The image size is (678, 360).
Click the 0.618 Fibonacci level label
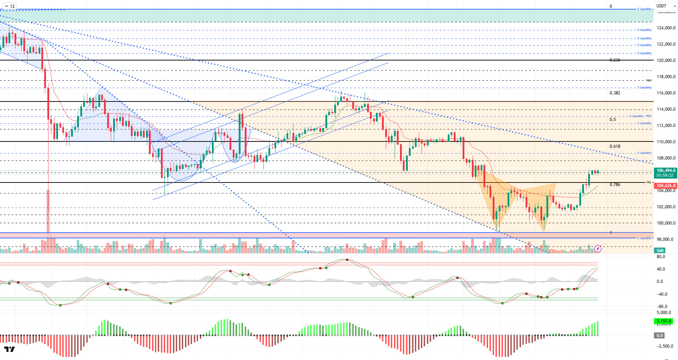[x=615, y=146]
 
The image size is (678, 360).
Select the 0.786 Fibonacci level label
[x=615, y=185]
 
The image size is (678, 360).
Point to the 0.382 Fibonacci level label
[x=615, y=93]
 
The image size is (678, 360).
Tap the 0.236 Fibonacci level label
[x=615, y=60]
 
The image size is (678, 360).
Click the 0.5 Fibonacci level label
[x=613, y=120]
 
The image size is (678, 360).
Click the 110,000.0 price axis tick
[x=666, y=142]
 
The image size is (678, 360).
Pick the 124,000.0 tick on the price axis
[x=666, y=28]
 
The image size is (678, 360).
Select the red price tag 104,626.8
[x=666, y=186]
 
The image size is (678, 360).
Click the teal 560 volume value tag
[x=660, y=251]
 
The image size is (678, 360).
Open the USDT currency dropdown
[x=666, y=6]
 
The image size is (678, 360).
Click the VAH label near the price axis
[x=649, y=80]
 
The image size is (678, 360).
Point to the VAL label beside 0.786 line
[x=649, y=182]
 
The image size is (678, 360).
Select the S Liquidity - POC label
[x=640, y=116]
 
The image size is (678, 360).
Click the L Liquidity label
[x=644, y=238]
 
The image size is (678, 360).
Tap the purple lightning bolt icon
[x=598, y=249]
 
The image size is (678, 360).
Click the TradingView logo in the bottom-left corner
[x=10, y=349]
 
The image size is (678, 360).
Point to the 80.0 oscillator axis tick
[x=661, y=257]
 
